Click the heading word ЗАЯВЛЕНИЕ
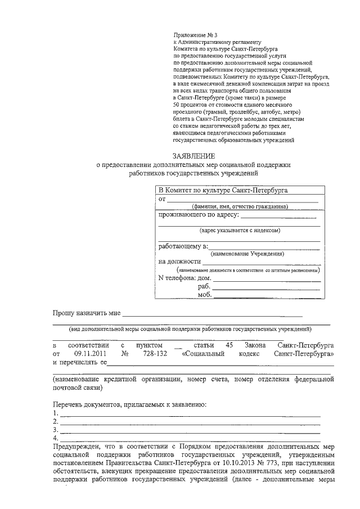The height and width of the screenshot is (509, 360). click(192, 155)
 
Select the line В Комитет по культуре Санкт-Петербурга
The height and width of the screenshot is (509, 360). click(223, 190)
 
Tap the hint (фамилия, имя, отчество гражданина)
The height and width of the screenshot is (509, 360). click(240, 207)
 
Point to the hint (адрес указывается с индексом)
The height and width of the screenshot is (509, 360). click(240, 230)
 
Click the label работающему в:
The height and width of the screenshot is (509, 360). click(183, 246)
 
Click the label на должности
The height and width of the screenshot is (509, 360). click(179, 262)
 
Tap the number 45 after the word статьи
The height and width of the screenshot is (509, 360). click(228, 344)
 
